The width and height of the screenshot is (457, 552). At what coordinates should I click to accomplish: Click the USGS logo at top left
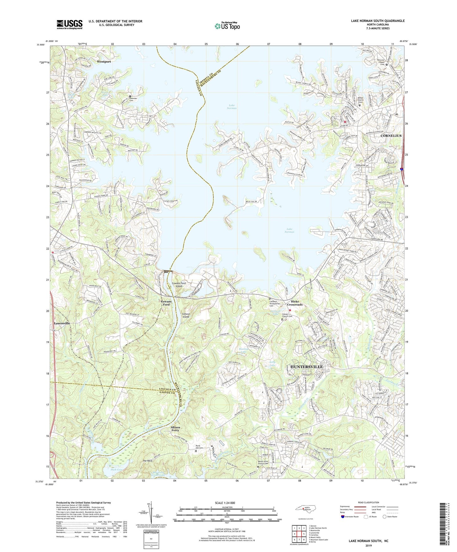coord(70,24)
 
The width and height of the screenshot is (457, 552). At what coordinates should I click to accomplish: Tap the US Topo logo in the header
coord(227,26)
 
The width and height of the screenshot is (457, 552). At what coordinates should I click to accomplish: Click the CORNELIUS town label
coord(391,136)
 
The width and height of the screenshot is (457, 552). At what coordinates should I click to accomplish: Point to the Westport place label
coord(104,62)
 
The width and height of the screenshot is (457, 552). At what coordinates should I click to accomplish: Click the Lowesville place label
coord(62,323)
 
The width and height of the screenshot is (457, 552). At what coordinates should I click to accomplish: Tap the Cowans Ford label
coord(166,303)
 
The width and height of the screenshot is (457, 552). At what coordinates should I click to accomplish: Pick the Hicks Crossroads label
coord(295,303)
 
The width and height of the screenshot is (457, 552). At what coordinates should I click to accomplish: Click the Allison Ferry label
coord(175,429)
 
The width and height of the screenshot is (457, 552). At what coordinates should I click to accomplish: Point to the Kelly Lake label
coord(272,364)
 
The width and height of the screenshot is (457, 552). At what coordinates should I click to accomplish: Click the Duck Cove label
coord(116,470)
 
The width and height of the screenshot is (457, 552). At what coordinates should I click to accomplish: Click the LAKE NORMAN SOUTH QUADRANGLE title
coord(378,21)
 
